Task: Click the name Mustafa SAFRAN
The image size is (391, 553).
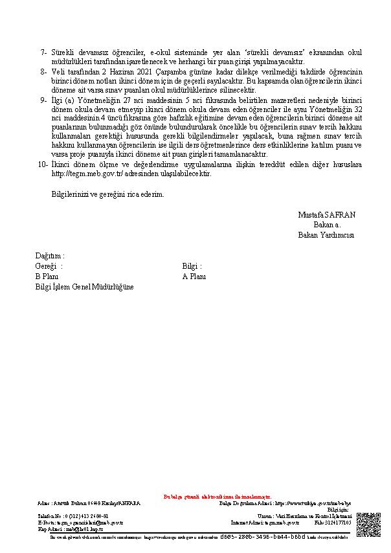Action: (x=327, y=214)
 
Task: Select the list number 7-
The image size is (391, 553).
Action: (x=43, y=52)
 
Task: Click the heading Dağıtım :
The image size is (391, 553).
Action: (x=50, y=256)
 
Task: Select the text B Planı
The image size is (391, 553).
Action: (x=47, y=276)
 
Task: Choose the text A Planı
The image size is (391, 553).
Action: (x=194, y=276)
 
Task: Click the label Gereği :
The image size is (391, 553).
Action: (x=49, y=266)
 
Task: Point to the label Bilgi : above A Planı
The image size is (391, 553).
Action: (x=192, y=266)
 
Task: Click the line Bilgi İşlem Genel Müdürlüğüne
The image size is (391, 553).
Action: (x=84, y=287)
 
